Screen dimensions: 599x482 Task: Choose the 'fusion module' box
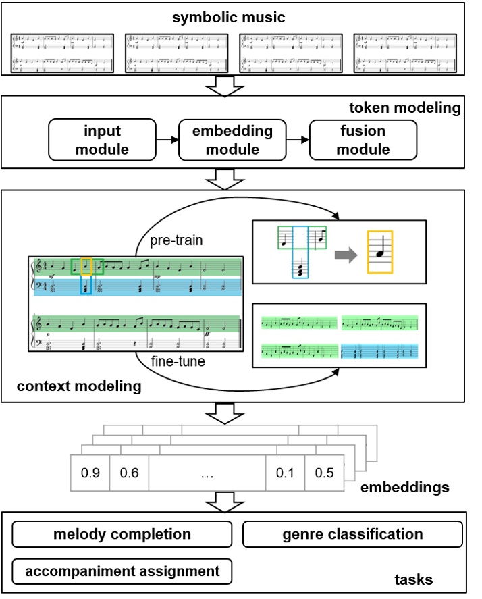[362, 140]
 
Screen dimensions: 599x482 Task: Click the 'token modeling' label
[404, 108]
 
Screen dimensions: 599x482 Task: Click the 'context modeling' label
[78, 386]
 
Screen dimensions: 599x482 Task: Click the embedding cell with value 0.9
[90, 473]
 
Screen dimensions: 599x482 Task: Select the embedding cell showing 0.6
[129, 473]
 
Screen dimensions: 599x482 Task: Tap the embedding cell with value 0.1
[285, 473]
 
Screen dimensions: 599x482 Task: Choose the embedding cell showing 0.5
[324, 473]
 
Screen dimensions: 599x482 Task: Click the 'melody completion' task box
[122, 534]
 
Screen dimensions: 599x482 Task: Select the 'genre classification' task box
[352, 534]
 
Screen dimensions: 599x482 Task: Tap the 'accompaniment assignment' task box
[122, 571]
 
